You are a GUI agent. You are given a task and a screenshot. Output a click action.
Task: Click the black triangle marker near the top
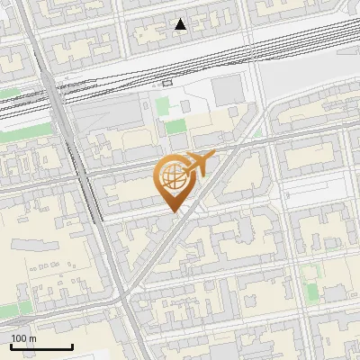[181, 24]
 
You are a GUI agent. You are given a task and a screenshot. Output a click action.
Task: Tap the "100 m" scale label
[23, 338]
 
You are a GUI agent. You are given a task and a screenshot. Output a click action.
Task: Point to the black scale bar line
[41, 347]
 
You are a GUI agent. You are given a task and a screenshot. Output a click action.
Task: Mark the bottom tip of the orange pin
[172, 212]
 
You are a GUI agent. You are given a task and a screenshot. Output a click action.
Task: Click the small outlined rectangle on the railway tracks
[167, 82]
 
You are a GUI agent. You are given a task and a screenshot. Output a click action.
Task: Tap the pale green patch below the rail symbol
[163, 107]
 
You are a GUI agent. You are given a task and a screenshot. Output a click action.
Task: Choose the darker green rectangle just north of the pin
[176, 127]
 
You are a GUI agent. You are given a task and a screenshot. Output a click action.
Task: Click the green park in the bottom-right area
[312, 292]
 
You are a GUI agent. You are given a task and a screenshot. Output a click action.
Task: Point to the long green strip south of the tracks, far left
[9, 92]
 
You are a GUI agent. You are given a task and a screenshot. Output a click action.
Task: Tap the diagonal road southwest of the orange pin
[148, 261]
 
